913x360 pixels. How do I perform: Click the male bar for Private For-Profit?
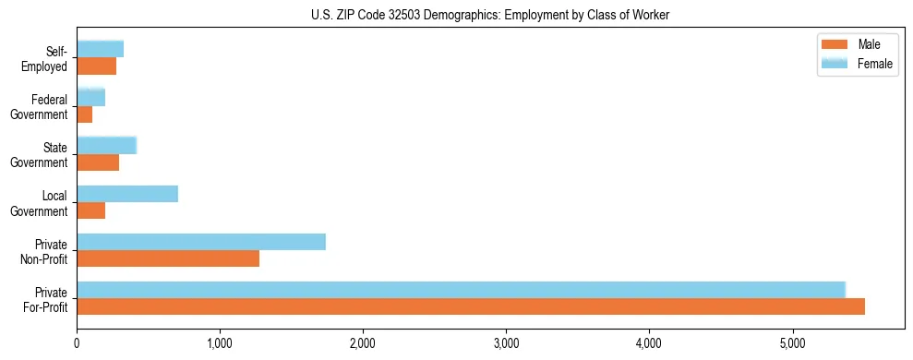tap(471, 306)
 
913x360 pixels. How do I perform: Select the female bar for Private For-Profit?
tap(461, 290)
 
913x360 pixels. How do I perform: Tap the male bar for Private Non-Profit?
tap(168, 258)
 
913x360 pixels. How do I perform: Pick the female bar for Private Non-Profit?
tap(201, 242)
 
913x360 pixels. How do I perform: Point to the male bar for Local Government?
tap(91, 210)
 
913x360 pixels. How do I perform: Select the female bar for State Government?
tap(106, 146)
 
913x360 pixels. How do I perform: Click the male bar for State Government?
tap(98, 162)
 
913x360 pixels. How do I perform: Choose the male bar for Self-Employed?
tap(97, 66)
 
